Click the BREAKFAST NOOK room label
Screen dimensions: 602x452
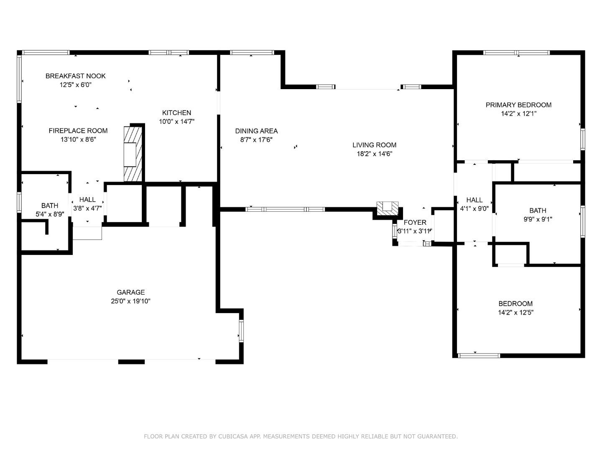[x=75, y=76]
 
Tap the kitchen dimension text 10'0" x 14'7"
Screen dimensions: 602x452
[x=176, y=121]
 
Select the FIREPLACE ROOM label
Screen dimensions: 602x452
[x=78, y=131]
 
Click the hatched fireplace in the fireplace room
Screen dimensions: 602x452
[x=133, y=154]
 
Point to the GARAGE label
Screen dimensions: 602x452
[x=130, y=292]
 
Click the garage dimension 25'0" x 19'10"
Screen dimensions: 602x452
[x=130, y=301]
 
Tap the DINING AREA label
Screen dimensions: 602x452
[x=256, y=131]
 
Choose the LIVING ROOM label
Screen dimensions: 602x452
[x=374, y=145]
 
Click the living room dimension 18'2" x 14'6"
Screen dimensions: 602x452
[x=374, y=154]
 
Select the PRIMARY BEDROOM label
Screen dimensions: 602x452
[x=519, y=105]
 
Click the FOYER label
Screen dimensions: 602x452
[x=415, y=222]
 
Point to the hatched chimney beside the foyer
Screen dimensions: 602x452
[x=387, y=208]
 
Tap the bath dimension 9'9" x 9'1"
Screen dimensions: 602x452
[x=538, y=219]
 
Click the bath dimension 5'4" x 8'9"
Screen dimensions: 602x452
[x=50, y=214]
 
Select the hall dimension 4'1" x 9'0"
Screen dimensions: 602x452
[x=474, y=208]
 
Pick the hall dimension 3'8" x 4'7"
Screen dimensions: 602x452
[x=87, y=208]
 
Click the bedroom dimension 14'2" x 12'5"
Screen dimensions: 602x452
[x=515, y=312]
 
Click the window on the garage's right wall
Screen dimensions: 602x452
[x=241, y=331]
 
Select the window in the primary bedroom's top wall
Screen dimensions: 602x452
[x=516, y=53]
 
